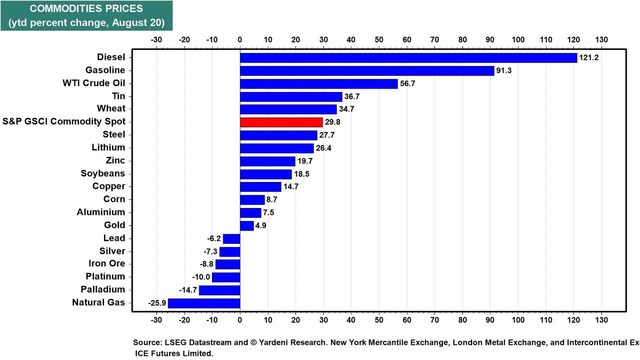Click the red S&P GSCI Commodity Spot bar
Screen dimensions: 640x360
[281, 122]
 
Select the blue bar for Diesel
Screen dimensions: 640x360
[408, 58]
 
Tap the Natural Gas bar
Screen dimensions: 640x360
[204, 303]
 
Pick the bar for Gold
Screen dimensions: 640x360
[247, 226]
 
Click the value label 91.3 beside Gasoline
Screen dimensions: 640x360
[504, 70]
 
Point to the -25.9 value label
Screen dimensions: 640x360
[157, 303]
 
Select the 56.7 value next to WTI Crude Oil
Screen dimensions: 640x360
[408, 84]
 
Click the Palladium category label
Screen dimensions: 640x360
[103, 290]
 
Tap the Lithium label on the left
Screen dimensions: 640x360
[108, 148]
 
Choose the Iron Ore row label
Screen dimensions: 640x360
[107, 264]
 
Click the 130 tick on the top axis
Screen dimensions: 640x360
[602, 40]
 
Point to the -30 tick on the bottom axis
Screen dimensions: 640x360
[156, 320]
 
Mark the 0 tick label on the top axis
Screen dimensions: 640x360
[240, 40]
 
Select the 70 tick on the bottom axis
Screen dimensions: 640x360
[434, 320]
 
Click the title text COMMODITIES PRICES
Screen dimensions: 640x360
[86, 8]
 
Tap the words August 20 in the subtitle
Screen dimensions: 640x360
[138, 22]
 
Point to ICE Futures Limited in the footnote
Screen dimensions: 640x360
[174, 354]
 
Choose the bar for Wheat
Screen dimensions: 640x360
[288, 110]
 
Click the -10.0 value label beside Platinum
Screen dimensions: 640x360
[201, 277]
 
